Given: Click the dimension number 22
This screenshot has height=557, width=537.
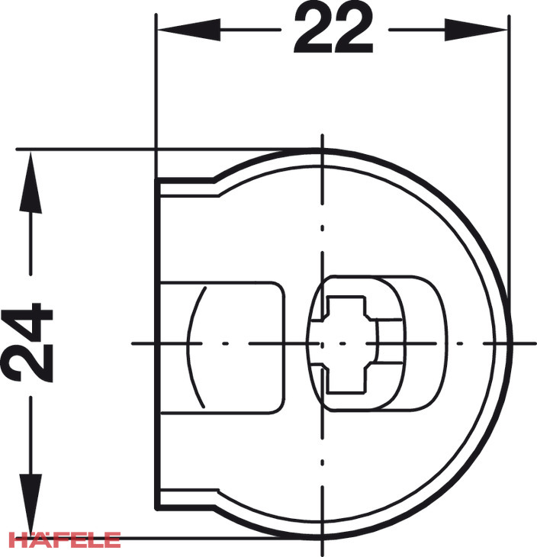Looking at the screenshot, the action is click(333, 28).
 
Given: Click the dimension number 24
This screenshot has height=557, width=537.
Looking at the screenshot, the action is click(27, 343).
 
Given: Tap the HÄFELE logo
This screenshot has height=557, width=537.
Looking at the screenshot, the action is click(65, 539).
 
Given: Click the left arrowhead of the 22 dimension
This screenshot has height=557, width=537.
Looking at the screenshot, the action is click(189, 30).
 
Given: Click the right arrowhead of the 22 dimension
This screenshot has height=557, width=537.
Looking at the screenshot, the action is click(475, 30).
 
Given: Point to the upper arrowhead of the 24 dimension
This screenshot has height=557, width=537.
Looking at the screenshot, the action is click(31, 182).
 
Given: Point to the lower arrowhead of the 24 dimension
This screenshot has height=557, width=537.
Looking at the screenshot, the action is click(31, 505).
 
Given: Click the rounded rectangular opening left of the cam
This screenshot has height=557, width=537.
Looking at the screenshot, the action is click(223, 348).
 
